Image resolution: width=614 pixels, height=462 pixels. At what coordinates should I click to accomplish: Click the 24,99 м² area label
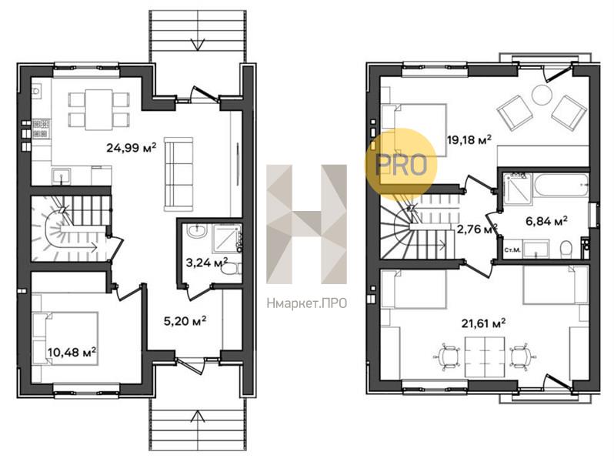(131, 148)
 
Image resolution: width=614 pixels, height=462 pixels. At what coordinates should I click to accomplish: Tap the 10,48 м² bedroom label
(72, 353)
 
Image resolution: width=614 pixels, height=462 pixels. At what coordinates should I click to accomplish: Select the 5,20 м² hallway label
(185, 321)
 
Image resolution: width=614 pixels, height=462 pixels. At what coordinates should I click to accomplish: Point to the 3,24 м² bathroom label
(207, 263)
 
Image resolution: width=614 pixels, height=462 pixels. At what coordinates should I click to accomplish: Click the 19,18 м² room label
(469, 140)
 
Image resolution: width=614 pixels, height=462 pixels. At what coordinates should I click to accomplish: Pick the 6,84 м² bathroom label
(546, 222)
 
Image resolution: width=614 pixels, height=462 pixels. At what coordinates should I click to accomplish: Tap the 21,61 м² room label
(483, 323)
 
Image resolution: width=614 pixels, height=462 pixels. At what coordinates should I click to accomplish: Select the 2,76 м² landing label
(477, 229)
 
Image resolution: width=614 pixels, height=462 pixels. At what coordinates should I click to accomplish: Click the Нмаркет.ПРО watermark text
(306, 303)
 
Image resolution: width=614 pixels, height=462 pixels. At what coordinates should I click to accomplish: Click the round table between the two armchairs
(542, 95)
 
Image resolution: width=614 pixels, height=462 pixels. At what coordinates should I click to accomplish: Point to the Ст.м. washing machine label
(512, 250)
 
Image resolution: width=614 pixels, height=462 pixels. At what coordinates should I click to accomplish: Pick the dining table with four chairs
(98, 109)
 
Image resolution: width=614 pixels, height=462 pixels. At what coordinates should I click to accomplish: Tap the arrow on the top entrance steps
(198, 44)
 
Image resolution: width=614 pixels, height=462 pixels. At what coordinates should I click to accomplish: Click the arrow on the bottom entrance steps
(198, 416)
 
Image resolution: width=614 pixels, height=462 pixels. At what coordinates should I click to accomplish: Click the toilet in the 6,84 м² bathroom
(566, 249)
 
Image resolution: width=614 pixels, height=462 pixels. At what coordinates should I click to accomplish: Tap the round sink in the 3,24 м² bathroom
(196, 231)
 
